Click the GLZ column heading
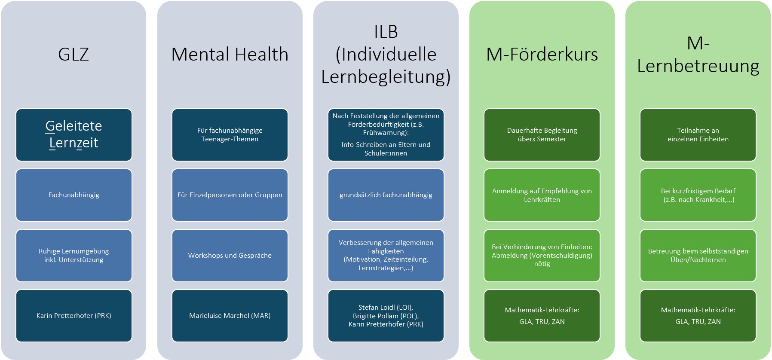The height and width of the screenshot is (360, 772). (74, 55)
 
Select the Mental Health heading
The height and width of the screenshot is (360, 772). (230, 55)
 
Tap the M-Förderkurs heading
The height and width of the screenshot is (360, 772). (542, 55)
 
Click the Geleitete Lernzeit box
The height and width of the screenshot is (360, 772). (74, 134)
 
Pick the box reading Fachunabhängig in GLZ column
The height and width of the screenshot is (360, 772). (74, 195)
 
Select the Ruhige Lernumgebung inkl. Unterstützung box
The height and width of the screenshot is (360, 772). (74, 256)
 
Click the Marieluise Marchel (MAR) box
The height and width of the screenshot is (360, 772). (230, 316)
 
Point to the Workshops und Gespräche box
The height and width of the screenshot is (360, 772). (230, 256)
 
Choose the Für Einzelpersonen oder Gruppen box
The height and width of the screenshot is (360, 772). (230, 195)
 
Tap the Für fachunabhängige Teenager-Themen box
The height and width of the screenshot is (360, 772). (230, 134)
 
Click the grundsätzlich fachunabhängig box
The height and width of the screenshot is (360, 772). (386, 195)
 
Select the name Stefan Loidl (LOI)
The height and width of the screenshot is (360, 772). (386, 308)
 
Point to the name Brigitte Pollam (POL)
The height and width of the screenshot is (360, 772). (386, 316)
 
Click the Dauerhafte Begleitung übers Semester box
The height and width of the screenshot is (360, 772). (542, 134)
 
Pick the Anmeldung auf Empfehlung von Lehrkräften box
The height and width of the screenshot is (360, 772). (542, 195)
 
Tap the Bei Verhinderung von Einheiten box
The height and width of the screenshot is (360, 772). (542, 256)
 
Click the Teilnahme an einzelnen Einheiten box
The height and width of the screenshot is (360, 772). (698, 134)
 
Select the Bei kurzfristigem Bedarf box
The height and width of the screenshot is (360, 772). (698, 195)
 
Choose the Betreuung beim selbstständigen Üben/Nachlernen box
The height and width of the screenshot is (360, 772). (698, 256)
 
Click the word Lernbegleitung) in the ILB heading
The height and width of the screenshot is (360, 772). (386, 77)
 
